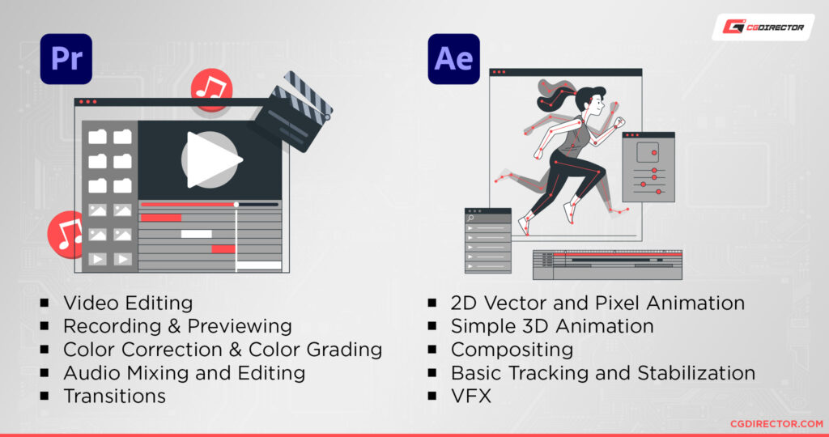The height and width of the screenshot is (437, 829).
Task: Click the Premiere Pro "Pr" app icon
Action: [x=66, y=58]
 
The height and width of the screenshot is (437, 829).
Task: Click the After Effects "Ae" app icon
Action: [x=453, y=58]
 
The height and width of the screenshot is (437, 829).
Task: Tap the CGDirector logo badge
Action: [x=763, y=27]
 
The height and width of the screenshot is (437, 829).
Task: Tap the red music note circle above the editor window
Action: [x=212, y=88]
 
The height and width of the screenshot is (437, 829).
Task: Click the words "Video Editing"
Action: [x=128, y=303]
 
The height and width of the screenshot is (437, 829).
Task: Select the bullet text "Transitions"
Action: [x=114, y=396]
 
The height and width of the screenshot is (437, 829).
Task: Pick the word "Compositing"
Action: [x=512, y=350]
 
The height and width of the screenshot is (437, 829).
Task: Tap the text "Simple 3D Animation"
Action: [x=552, y=326]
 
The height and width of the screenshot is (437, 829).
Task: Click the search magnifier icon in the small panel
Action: [x=471, y=218]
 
